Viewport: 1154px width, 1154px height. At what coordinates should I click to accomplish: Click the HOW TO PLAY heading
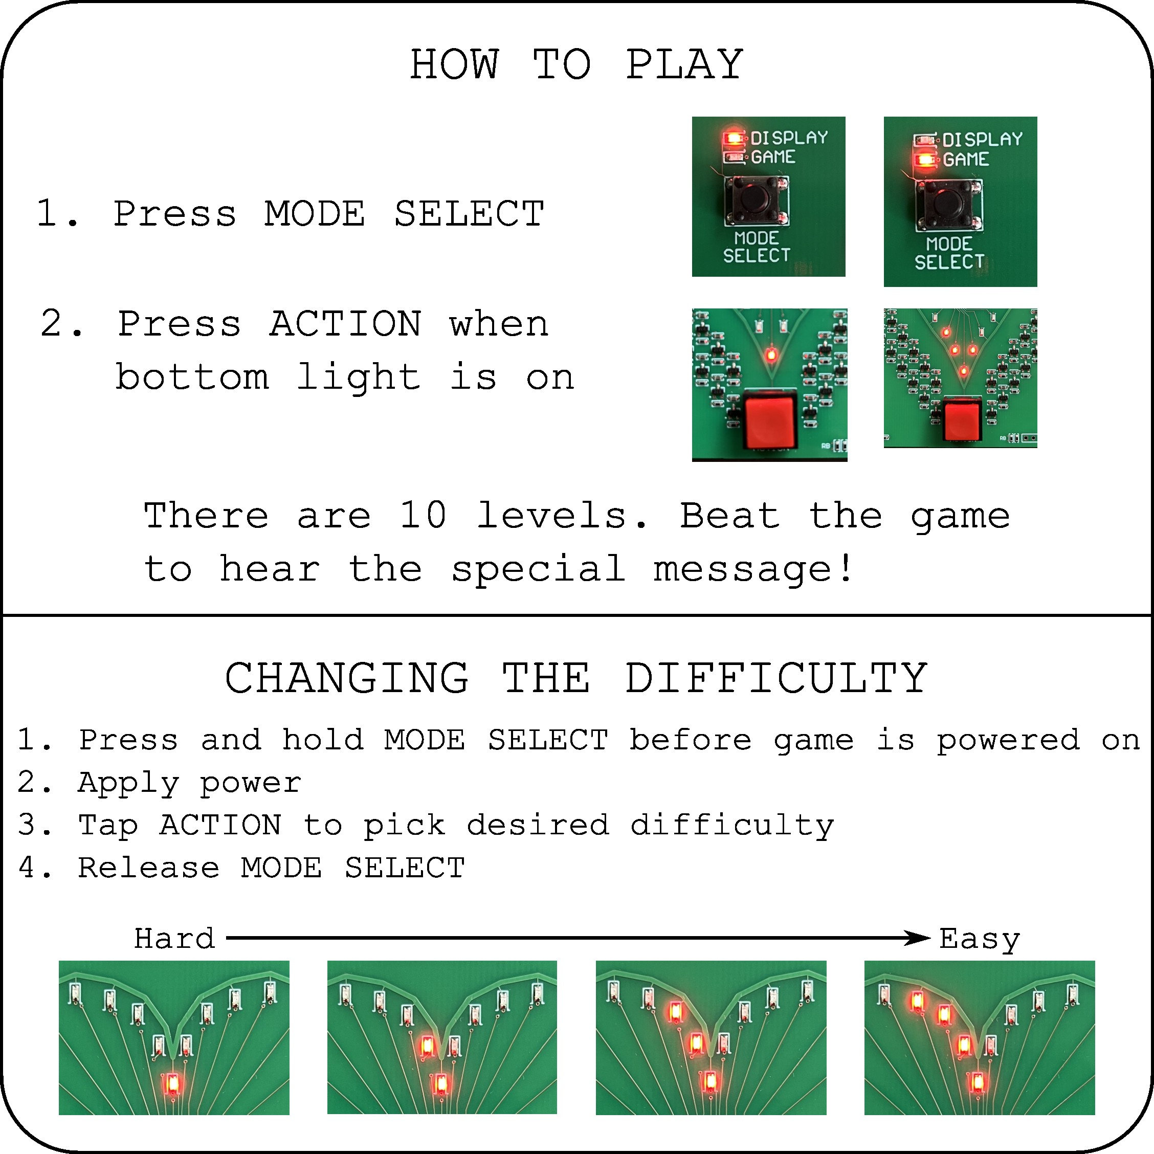pyautogui.click(x=576, y=64)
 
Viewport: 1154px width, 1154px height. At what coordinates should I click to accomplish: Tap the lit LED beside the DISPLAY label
pyautogui.click(x=731, y=139)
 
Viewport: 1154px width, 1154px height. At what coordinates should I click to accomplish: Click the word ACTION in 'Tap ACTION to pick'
pyautogui.click(x=220, y=825)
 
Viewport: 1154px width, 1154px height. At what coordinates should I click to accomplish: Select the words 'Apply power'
pyautogui.click(x=189, y=783)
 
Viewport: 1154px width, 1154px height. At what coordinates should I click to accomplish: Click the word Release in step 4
pyautogui.click(x=149, y=868)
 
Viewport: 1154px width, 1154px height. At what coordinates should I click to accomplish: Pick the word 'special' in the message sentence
pyautogui.click(x=538, y=569)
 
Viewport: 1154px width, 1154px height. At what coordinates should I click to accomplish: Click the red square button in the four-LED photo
pyautogui.click(x=962, y=419)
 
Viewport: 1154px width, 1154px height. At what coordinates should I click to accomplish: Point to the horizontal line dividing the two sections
pyautogui.click(x=576, y=615)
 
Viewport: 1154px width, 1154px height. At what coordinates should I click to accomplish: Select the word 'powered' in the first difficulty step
pyautogui.click(x=1008, y=740)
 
